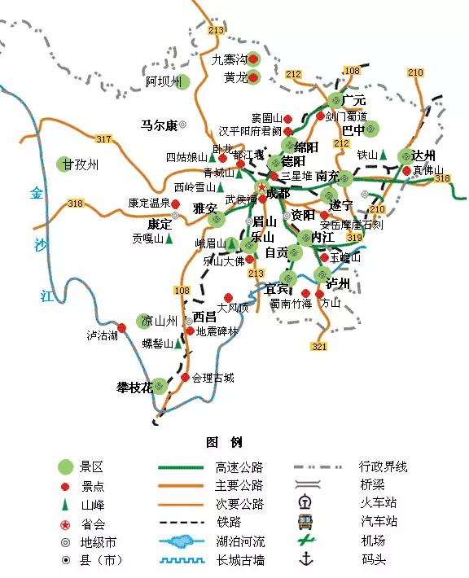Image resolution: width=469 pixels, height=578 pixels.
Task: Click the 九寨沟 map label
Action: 228,59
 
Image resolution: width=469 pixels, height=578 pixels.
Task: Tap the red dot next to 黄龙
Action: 253,78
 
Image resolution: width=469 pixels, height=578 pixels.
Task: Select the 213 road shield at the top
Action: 216,31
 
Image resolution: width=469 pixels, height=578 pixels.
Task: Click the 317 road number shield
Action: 103,139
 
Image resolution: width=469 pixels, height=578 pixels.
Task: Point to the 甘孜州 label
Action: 81,164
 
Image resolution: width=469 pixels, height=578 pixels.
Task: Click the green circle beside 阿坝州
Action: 182,81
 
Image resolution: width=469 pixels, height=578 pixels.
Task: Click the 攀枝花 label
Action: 134,387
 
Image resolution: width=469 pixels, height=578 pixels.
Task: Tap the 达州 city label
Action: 423,155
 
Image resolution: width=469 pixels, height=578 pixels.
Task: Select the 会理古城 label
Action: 213,378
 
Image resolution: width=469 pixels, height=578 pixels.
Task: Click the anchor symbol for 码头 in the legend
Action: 306,559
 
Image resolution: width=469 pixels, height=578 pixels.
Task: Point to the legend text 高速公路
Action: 239,467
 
